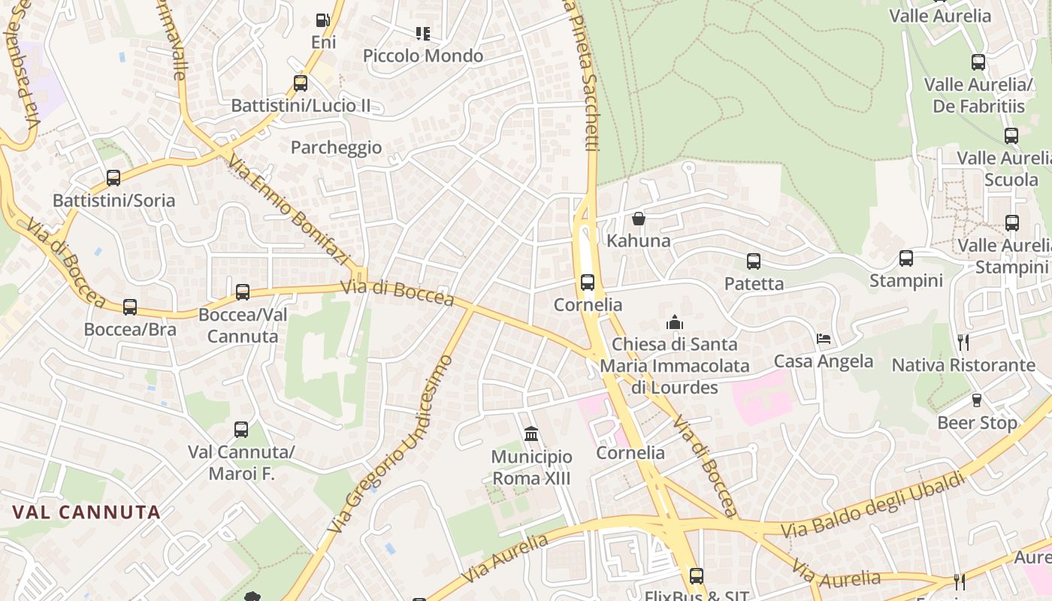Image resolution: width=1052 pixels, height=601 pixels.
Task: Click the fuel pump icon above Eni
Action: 322,20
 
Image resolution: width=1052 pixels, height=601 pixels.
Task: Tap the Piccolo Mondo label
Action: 423,56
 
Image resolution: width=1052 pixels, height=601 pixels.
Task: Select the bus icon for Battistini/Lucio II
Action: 301,83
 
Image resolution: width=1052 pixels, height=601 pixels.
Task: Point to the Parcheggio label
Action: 336,147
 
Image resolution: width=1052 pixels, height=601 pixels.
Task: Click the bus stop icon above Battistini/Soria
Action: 113,178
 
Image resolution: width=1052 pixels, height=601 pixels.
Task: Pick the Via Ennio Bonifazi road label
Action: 289,210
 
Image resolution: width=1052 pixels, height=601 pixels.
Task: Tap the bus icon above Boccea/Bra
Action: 130,307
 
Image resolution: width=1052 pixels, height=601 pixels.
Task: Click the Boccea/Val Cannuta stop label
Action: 243,325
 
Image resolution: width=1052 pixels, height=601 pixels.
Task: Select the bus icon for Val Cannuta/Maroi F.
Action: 241,430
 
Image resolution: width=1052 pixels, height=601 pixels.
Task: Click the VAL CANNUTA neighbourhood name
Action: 86,512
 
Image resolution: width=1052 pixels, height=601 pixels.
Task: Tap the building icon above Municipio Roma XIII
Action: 531,434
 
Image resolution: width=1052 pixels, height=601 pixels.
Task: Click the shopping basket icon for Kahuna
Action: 639,219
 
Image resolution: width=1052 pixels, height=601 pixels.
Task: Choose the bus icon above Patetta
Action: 754,261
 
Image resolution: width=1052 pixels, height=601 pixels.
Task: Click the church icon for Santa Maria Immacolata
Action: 675,323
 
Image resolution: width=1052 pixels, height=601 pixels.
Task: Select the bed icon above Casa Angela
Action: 824,339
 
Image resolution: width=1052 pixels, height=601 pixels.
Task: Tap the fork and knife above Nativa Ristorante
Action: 963,343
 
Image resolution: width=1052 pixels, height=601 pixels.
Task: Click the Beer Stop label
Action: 977,423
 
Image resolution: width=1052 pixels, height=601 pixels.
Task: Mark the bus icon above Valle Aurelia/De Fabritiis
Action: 978,62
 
